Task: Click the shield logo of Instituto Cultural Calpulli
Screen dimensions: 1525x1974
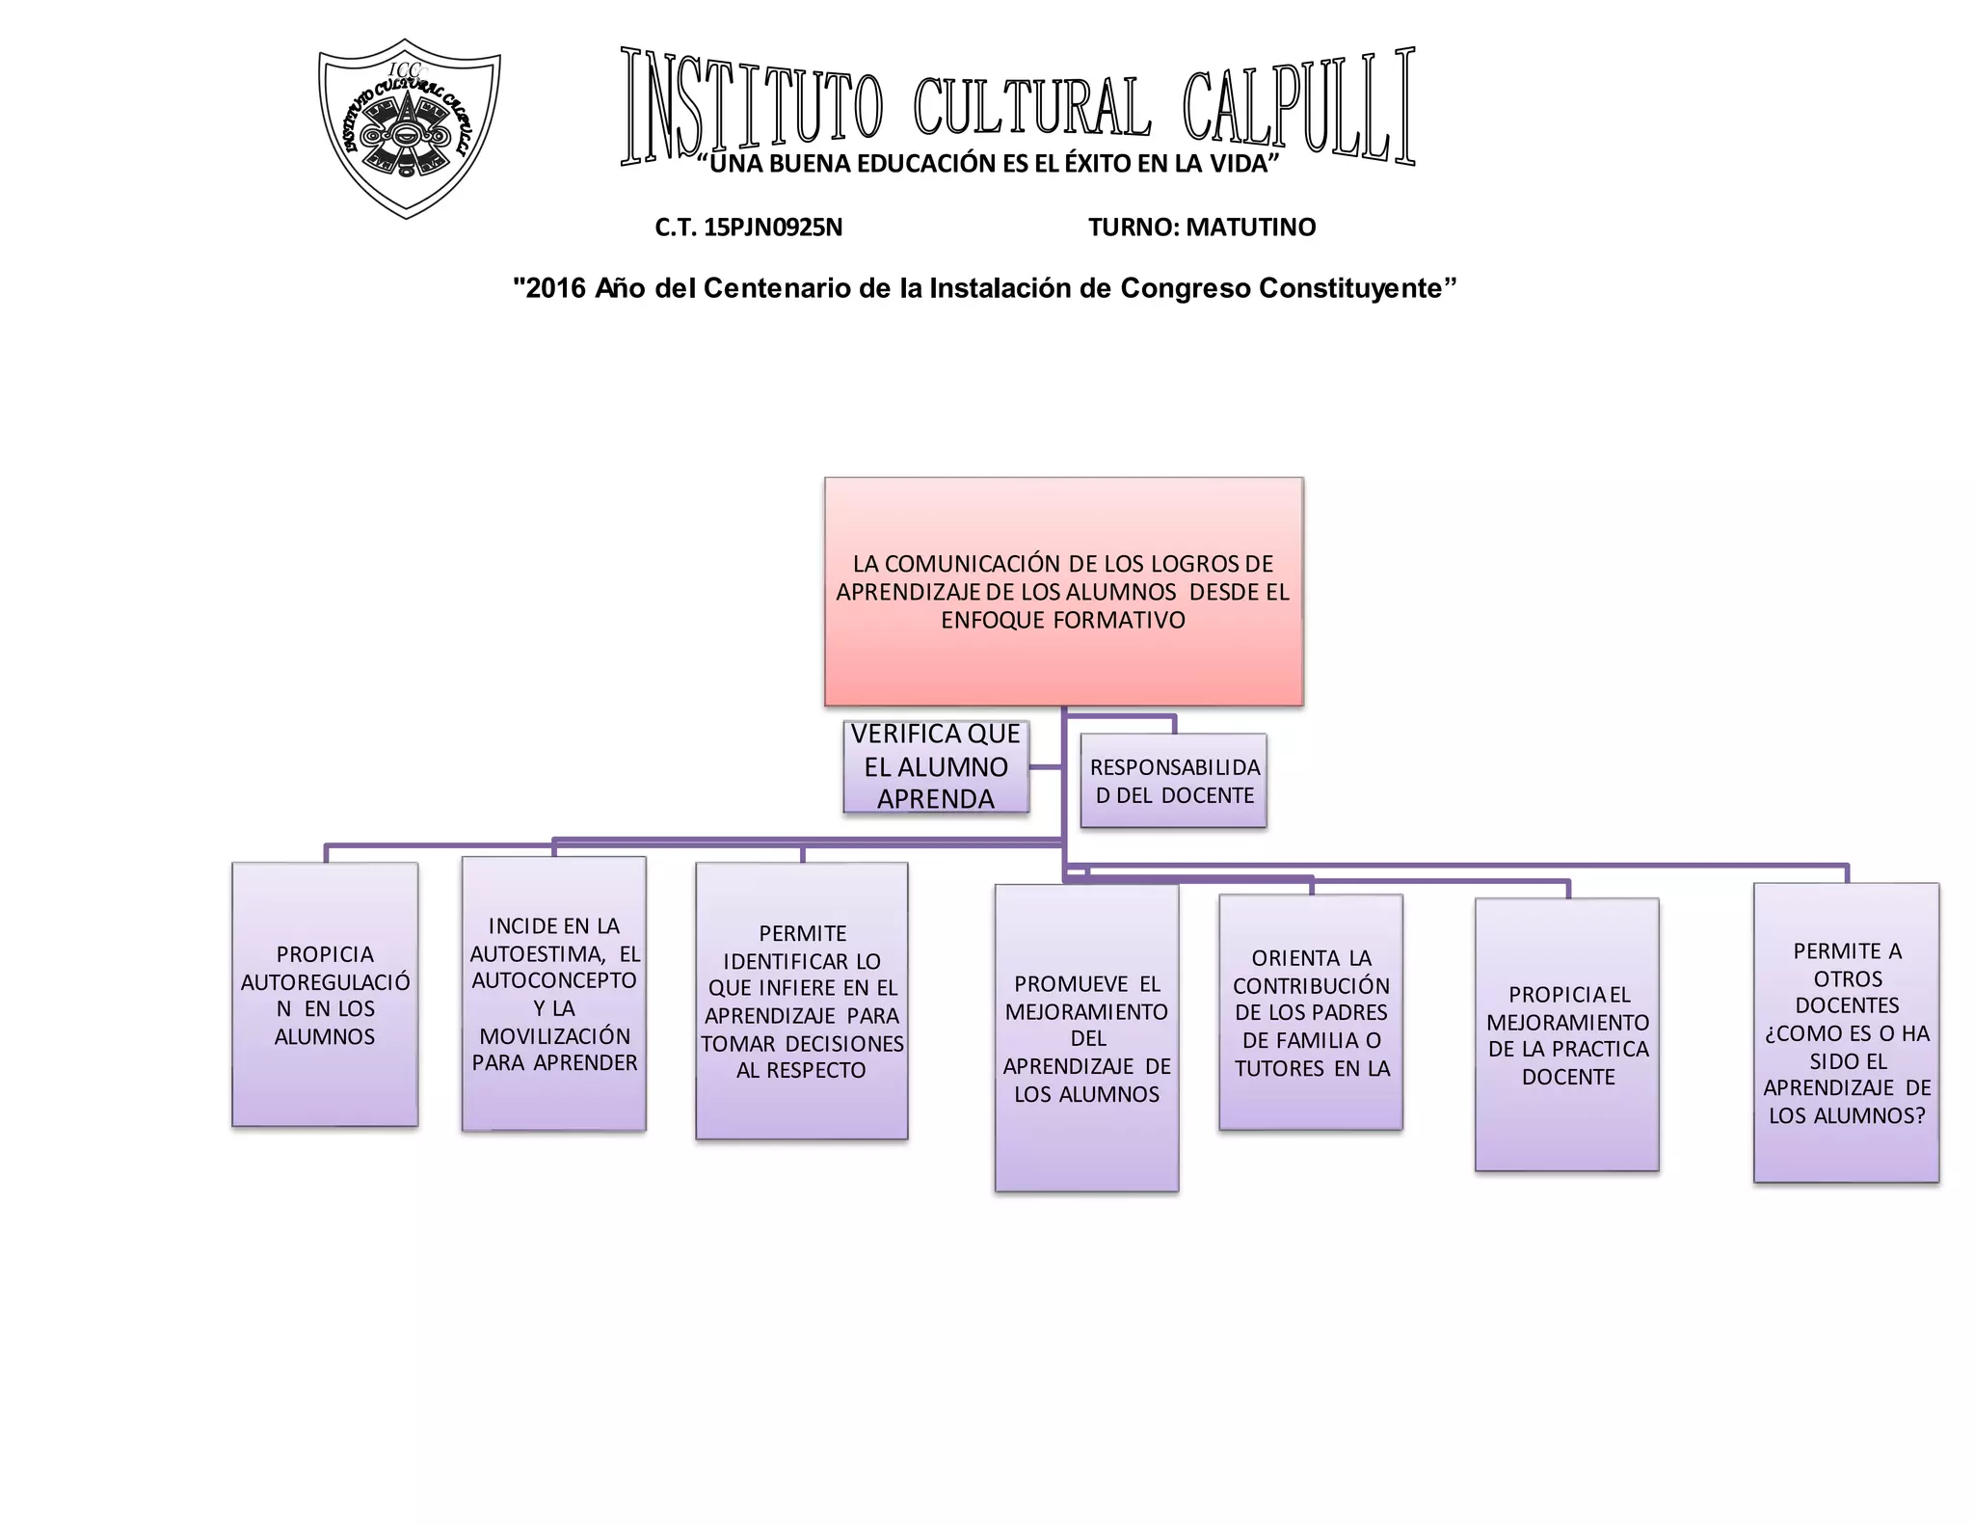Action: pyautogui.click(x=409, y=128)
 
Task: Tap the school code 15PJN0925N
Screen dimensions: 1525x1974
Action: pyautogui.click(x=773, y=227)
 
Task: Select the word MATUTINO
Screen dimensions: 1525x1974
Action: pyautogui.click(x=1250, y=227)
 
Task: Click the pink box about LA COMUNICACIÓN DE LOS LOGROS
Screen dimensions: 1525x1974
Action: pyautogui.click(x=1063, y=591)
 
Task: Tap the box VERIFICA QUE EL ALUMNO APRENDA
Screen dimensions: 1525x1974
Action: pyautogui.click(x=935, y=766)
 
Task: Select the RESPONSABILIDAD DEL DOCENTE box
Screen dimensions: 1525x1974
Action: pyautogui.click(x=1173, y=781)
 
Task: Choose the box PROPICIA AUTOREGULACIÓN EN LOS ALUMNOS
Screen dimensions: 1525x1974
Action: pyautogui.click(x=325, y=994)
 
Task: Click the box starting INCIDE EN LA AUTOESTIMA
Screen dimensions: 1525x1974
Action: pyautogui.click(x=554, y=994)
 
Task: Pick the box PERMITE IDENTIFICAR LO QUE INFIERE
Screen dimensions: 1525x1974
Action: pyautogui.click(x=802, y=1001)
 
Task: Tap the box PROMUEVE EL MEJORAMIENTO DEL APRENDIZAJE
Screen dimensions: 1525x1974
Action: pyautogui.click(x=1086, y=1038)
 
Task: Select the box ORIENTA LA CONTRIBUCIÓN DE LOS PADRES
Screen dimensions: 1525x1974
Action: pyautogui.click(x=1311, y=1012)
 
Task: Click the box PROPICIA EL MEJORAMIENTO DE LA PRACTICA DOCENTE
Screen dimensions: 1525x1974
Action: pyautogui.click(x=1567, y=1034)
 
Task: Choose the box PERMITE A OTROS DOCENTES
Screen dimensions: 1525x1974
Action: pyautogui.click(x=1847, y=1032)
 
